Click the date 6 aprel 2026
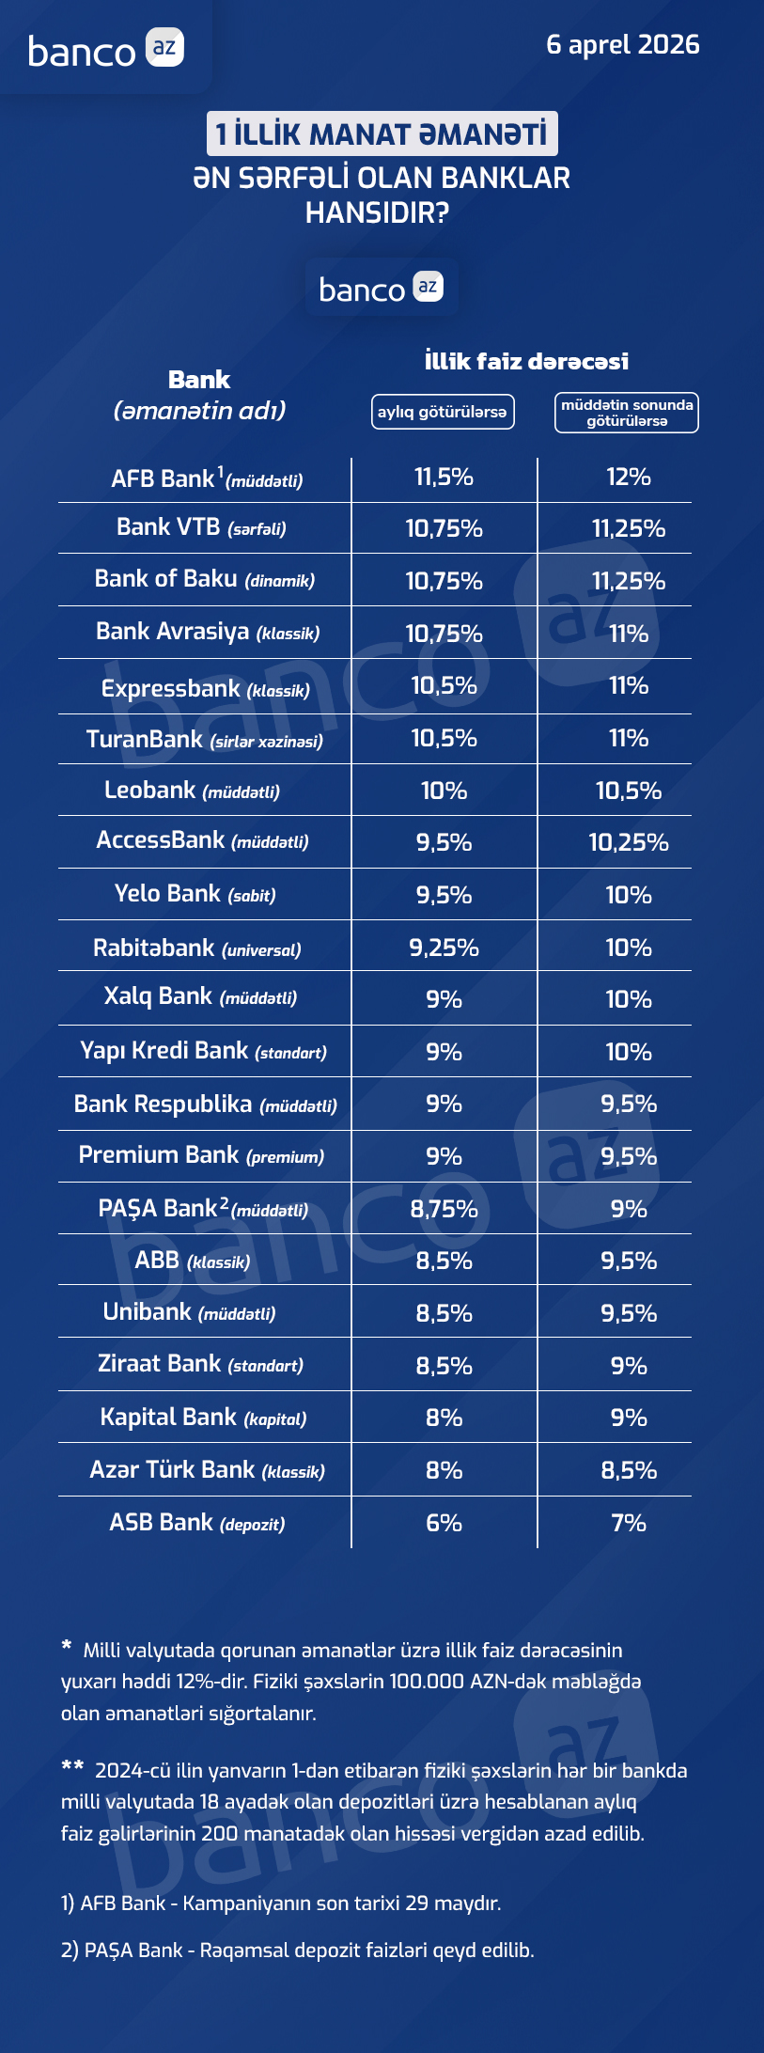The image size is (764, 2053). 622,45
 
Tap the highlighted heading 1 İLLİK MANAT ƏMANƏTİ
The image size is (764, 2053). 382,133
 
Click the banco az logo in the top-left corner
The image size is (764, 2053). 105,50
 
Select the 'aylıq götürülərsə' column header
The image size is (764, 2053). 443,412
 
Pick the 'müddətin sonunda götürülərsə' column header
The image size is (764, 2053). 627,413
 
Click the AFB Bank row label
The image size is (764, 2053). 207,479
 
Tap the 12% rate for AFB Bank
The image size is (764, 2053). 629,478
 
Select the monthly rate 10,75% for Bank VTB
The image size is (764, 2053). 444,528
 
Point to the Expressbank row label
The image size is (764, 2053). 205,689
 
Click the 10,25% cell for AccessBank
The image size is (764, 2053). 629,842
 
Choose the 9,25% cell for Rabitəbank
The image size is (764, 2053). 444,948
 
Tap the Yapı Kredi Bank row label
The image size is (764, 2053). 204,1051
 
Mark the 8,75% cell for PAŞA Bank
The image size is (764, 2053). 444,1209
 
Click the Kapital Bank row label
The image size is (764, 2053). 204,1418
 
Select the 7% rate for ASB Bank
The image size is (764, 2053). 629,1523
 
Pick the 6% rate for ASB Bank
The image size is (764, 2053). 444,1523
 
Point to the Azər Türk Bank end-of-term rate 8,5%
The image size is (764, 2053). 629,1470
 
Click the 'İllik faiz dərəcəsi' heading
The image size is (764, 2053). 526,361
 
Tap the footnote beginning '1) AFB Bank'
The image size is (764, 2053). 281,1904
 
